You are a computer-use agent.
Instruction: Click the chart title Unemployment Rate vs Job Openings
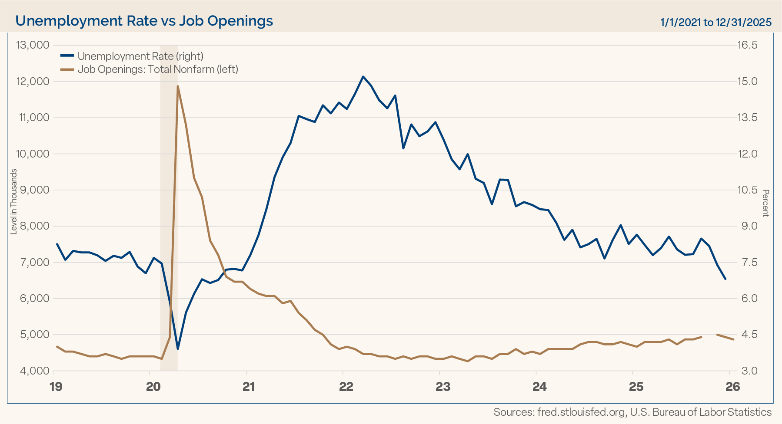pyautogui.click(x=144, y=20)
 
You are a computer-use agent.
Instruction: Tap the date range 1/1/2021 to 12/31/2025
pyautogui.click(x=715, y=22)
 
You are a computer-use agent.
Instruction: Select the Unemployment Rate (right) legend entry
pyautogui.click(x=140, y=56)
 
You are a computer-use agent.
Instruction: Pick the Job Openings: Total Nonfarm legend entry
pyautogui.click(x=157, y=69)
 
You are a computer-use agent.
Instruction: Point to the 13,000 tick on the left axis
pyautogui.click(x=32, y=45)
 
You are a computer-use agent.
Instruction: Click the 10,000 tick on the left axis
pyautogui.click(x=32, y=154)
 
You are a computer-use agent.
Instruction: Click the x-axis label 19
pyautogui.click(x=56, y=387)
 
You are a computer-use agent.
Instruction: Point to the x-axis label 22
pyautogui.click(x=346, y=387)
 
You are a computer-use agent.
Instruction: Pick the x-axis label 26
pyautogui.click(x=733, y=387)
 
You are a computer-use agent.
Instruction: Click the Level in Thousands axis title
pyautogui.click(x=14, y=201)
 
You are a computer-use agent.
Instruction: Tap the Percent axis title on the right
pyautogui.click(x=766, y=203)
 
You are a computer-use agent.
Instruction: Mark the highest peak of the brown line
pyautogui.click(x=178, y=86)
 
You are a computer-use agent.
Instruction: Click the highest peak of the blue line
pyautogui.click(x=363, y=76)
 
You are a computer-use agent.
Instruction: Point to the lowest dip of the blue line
pyautogui.click(x=178, y=349)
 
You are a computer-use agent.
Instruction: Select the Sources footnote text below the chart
pyautogui.click(x=632, y=412)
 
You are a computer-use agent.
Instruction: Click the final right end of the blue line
pyautogui.click(x=725, y=279)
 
